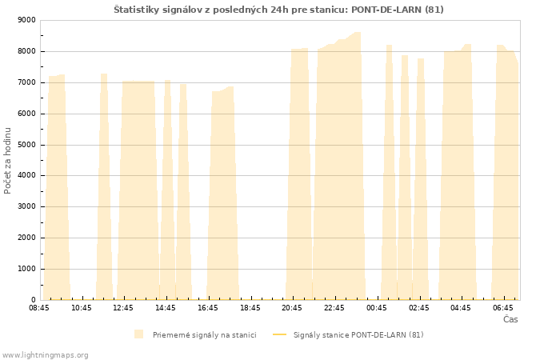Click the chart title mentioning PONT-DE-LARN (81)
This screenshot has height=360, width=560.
point(278,10)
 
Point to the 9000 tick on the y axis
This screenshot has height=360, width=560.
point(26,20)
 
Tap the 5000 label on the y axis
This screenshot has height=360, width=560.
point(26,145)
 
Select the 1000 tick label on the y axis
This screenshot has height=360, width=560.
point(26,269)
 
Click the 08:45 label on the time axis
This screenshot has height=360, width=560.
point(39,308)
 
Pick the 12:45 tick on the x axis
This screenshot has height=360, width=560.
point(123,308)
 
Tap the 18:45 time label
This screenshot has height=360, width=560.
point(250,308)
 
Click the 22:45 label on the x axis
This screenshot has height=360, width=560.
point(334,308)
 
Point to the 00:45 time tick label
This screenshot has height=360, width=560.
point(377,308)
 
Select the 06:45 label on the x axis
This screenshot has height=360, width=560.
point(503,308)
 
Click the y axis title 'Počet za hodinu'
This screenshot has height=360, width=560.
point(7,161)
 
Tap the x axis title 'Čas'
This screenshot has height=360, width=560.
point(510,319)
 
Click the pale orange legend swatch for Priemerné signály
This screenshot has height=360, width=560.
point(138,334)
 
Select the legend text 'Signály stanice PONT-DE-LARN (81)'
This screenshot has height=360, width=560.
point(358,335)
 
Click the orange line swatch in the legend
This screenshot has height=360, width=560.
point(280,334)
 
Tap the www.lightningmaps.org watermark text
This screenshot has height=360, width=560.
point(44,355)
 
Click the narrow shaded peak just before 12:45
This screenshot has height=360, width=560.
point(104,186)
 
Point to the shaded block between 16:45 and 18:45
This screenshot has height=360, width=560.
point(223,194)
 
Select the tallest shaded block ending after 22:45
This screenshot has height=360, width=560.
point(339,166)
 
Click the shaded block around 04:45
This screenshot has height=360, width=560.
point(458,172)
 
